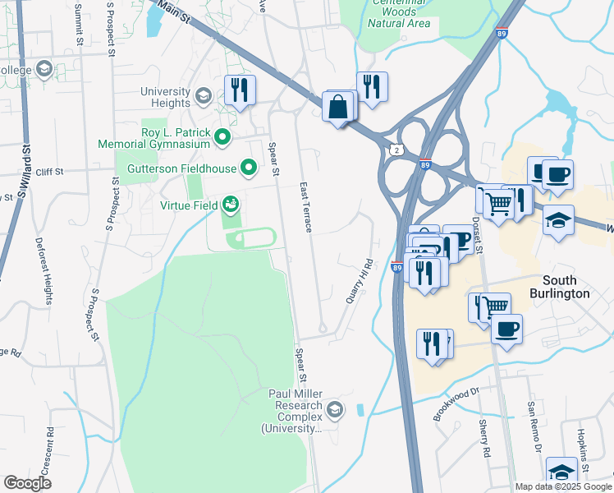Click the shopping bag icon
pos(338,108)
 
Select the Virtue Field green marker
pos(231,203)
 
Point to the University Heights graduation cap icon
pos(202,97)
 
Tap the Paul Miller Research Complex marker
pos(334,409)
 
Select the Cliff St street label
pos(49,172)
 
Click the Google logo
pos(27,483)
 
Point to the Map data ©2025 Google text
pos(562,486)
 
